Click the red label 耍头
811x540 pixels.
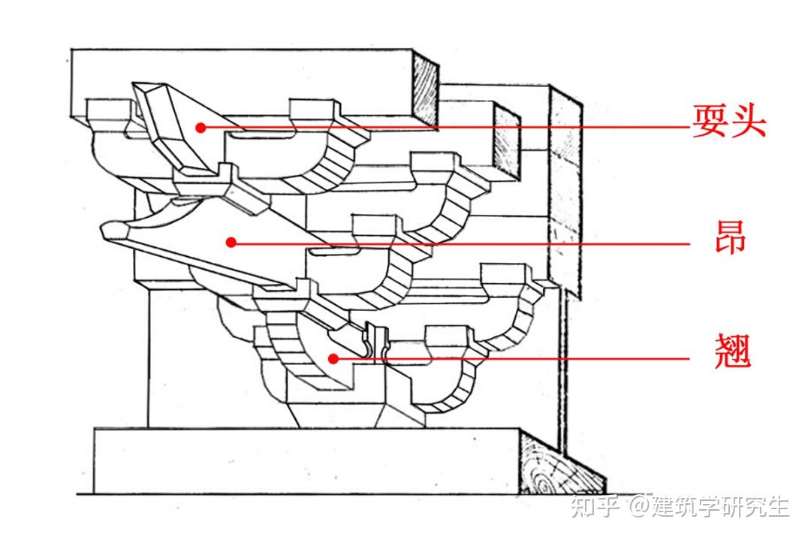(728, 120)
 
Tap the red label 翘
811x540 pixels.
(729, 351)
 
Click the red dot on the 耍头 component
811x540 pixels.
(200, 128)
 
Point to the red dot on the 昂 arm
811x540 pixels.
(231, 242)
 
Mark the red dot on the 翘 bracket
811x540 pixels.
(333, 359)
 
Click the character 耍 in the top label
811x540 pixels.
(710, 120)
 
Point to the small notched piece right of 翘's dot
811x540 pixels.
(375, 342)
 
